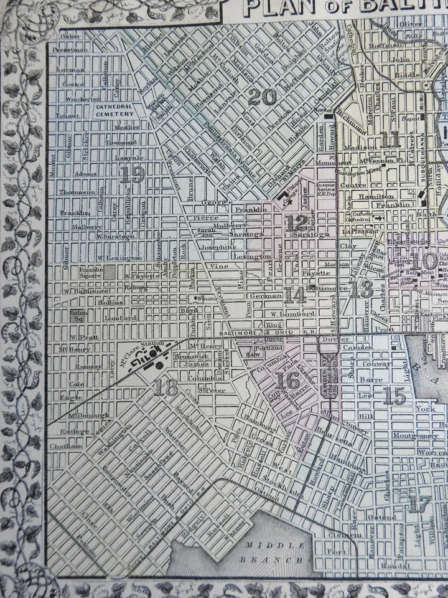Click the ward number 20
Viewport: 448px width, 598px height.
coord(261,97)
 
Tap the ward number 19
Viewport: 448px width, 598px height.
coord(132,174)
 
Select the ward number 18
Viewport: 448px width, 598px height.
coord(165,387)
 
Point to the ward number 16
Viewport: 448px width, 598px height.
coord(288,379)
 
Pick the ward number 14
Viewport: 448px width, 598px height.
coord(294,294)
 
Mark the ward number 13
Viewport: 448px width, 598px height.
coord(361,288)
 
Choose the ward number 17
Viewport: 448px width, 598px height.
coord(420,504)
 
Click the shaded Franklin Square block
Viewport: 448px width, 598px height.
coord(110,272)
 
